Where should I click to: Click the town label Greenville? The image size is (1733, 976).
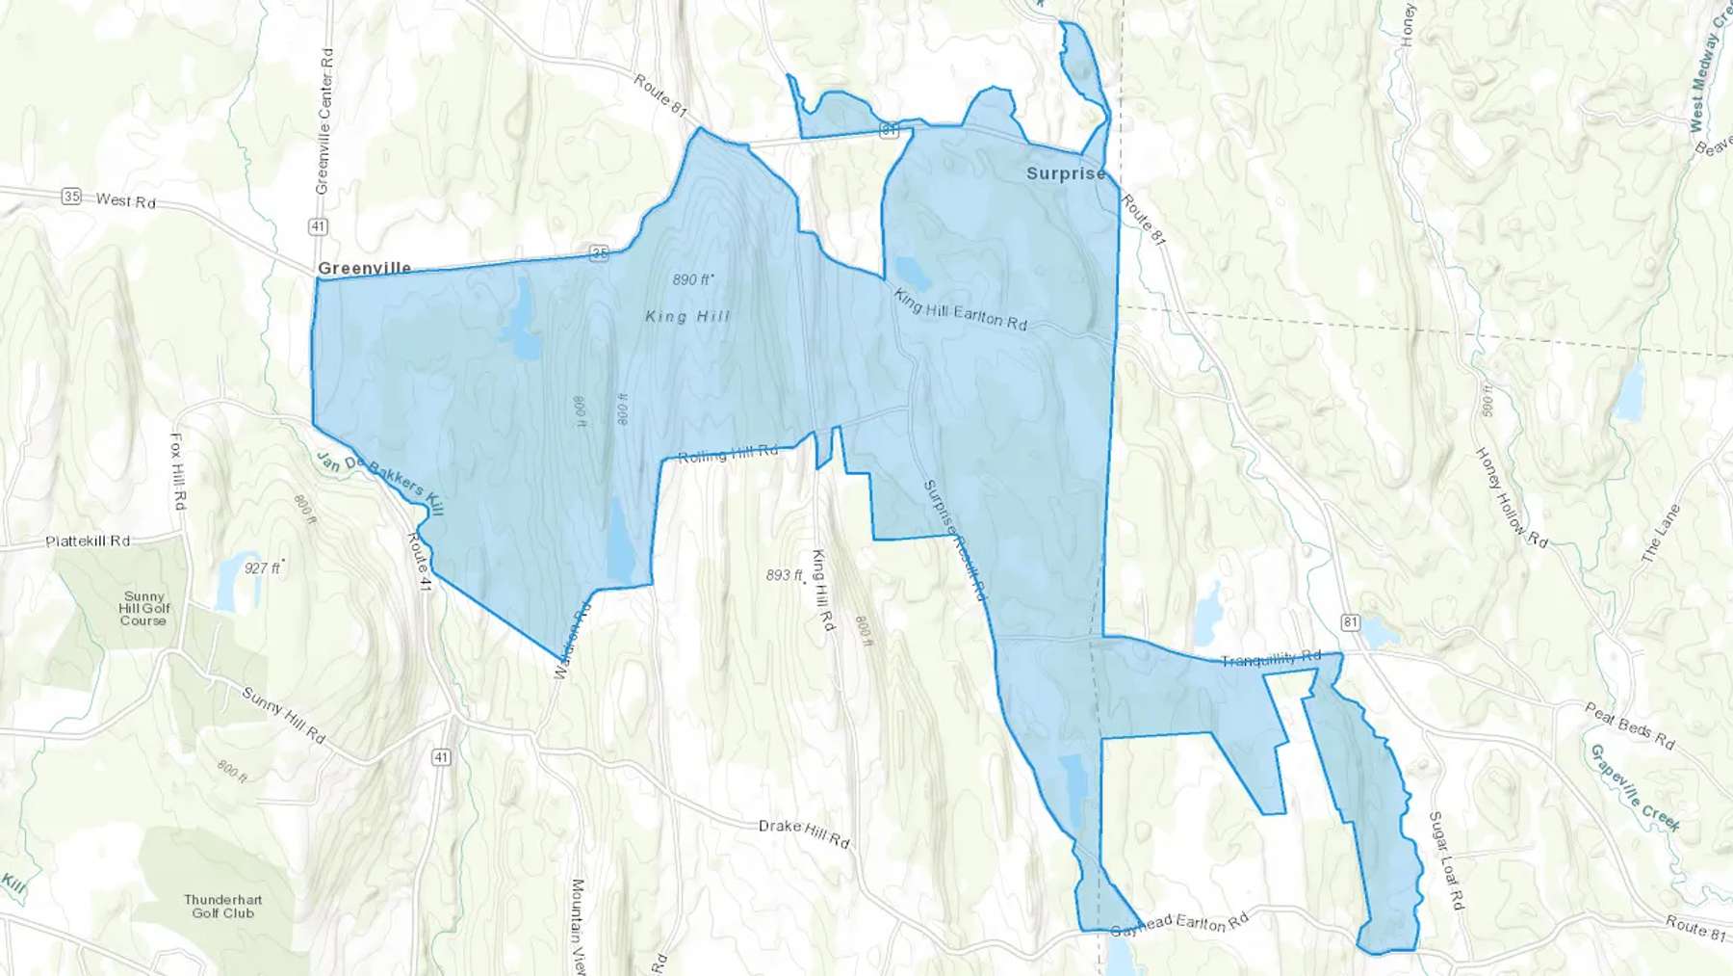click(364, 268)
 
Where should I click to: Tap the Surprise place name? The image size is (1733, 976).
click(1066, 173)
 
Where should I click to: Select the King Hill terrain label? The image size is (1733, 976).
click(687, 316)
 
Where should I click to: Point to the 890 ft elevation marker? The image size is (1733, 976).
click(692, 279)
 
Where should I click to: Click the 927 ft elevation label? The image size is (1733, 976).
click(262, 568)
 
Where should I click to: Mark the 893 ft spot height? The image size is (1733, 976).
click(784, 575)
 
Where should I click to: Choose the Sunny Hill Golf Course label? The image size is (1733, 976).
click(143, 609)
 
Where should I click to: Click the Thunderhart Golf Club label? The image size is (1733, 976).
click(222, 907)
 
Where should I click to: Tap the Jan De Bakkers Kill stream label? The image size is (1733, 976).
click(381, 484)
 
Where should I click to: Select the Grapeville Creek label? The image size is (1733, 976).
click(1634, 787)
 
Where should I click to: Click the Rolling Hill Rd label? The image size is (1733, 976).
click(727, 455)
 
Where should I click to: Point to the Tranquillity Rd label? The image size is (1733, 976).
click(1271, 659)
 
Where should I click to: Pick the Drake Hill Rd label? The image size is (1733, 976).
click(804, 832)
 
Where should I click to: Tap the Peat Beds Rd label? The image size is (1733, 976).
click(1630, 726)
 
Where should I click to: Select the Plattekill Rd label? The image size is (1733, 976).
click(88, 541)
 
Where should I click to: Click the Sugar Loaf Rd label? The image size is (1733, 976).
click(1446, 860)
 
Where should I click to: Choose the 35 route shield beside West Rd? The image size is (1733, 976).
click(71, 197)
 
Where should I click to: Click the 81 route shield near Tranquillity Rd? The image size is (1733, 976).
click(1351, 622)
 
